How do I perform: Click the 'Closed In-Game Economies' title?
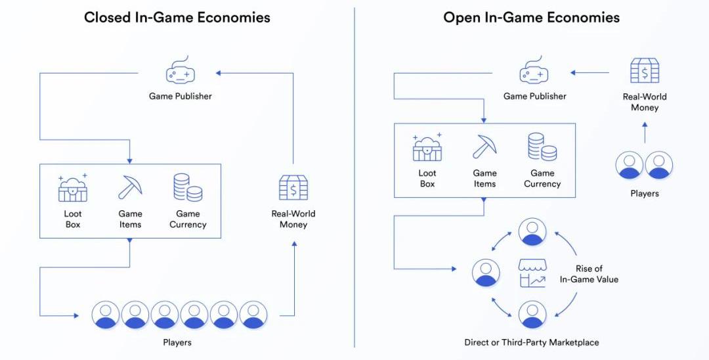pos(177,18)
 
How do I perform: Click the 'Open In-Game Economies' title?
pos(531,18)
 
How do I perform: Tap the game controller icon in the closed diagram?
pos(180,71)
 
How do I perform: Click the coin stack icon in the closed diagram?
pos(188,188)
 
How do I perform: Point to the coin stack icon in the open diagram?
pos(542,147)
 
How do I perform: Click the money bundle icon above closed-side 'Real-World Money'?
pos(293,188)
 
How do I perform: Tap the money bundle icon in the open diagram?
pos(645,71)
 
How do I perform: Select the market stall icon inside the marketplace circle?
pos(532,273)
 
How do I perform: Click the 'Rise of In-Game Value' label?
pos(589,274)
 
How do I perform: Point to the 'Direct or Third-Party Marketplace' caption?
pos(531,342)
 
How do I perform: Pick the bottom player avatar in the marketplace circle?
pos(532,315)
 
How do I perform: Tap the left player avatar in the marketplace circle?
pos(486,273)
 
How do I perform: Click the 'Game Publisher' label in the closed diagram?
pos(180,96)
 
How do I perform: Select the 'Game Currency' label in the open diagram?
pos(542,179)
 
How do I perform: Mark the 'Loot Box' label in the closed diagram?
pos(73,219)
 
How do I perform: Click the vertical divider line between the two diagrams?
pos(354,177)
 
